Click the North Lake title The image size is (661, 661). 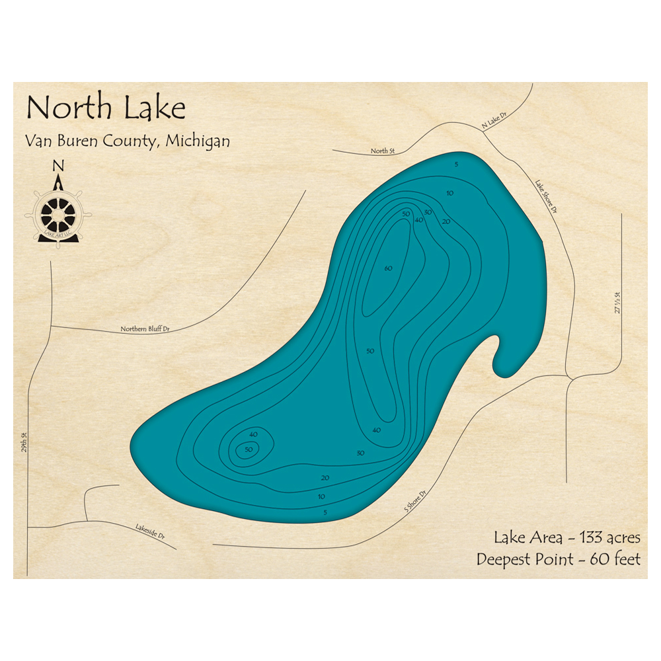[105, 108]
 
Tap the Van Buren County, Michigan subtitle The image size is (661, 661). [128, 141]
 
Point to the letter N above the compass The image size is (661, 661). [58, 166]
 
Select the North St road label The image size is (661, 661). [382, 151]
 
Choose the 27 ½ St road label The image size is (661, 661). [619, 302]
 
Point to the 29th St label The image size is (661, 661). [23, 453]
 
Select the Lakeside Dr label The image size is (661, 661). [151, 531]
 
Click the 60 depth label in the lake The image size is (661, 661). [388, 268]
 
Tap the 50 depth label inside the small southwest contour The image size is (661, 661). [249, 449]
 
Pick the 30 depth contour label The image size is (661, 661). [360, 453]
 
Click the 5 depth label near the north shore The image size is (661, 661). [456, 164]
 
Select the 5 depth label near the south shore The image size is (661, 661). [325, 512]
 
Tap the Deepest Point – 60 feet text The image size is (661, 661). [559, 559]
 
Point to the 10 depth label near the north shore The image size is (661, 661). [449, 193]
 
